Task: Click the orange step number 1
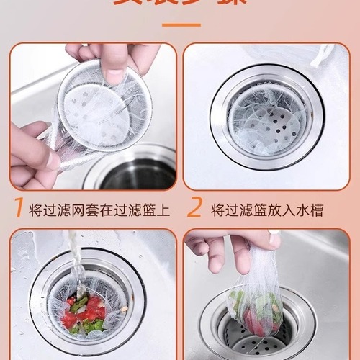point(17,209)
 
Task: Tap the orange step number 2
point(194,209)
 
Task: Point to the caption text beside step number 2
point(266,210)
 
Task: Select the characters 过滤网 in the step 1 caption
point(60,210)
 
